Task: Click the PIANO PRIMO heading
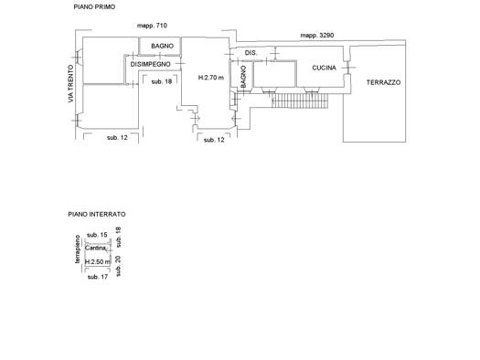point(94,6)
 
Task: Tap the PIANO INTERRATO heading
point(97,214)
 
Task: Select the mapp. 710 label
point(152,26)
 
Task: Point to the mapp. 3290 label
point(317,35)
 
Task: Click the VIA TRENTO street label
point(71,83)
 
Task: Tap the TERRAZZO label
point(383,82)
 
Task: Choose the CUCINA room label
point(324,68)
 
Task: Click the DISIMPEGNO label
point(150,64)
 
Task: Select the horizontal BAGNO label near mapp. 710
point(162,46)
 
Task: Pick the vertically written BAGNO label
point(243,77)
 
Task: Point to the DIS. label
point(251,53)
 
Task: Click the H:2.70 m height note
point(211,78)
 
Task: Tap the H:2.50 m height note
point(97,262)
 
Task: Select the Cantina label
point(95,248)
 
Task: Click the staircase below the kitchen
point(300,101)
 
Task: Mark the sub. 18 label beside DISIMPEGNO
point(162,81)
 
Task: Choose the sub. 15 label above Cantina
point(97,235)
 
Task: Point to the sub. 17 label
point(98,277)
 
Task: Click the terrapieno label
point(78,249)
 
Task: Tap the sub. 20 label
point(119,266)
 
